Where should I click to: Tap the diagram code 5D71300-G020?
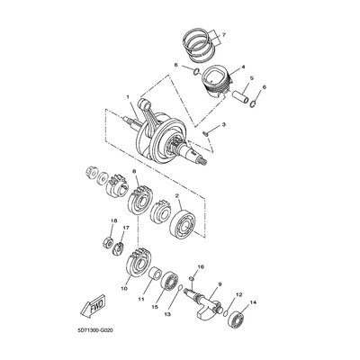(x=95, y=330)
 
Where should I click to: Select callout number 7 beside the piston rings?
(x=223, y=35)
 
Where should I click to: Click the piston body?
(x=217, y=78)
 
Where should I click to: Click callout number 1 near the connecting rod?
(x=128, y=97)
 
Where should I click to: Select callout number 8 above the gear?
(x=134, y=171)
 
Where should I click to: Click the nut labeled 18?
(x=108, y=242)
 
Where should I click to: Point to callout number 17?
(x=125, y=228)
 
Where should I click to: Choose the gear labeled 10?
(x=139, y=263)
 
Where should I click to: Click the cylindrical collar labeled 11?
(x=156, y=273)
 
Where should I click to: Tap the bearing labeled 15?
(x=170, y=281)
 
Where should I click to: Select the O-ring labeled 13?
(x=179, y=288)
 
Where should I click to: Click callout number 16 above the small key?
(x=201, y=266)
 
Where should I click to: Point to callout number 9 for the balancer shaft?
(x=220, y=283)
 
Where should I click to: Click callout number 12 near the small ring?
(x=238, y=294)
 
